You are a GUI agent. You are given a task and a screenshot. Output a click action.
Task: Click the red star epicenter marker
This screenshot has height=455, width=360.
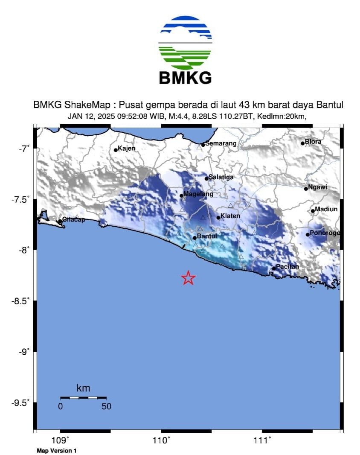188,278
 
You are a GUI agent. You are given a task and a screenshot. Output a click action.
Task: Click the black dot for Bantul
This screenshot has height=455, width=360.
195,238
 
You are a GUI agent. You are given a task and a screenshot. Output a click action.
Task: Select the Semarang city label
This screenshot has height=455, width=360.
221,143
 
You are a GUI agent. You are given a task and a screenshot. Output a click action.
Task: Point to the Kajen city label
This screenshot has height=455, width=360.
126,149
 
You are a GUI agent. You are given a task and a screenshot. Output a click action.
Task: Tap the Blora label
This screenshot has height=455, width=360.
313,141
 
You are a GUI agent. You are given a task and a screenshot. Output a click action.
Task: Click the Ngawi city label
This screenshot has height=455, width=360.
318,187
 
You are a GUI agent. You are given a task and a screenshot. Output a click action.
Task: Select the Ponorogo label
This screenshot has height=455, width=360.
325,233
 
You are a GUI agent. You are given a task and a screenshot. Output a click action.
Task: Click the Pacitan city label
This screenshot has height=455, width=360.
287,267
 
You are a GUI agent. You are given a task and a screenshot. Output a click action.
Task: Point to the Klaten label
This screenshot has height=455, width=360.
230,216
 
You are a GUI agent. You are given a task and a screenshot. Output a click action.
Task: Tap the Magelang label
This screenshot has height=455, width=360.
198,194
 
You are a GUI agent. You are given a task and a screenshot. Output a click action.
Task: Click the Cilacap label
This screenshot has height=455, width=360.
74,219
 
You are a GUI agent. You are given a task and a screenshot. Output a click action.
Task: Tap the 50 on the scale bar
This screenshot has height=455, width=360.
106,406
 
